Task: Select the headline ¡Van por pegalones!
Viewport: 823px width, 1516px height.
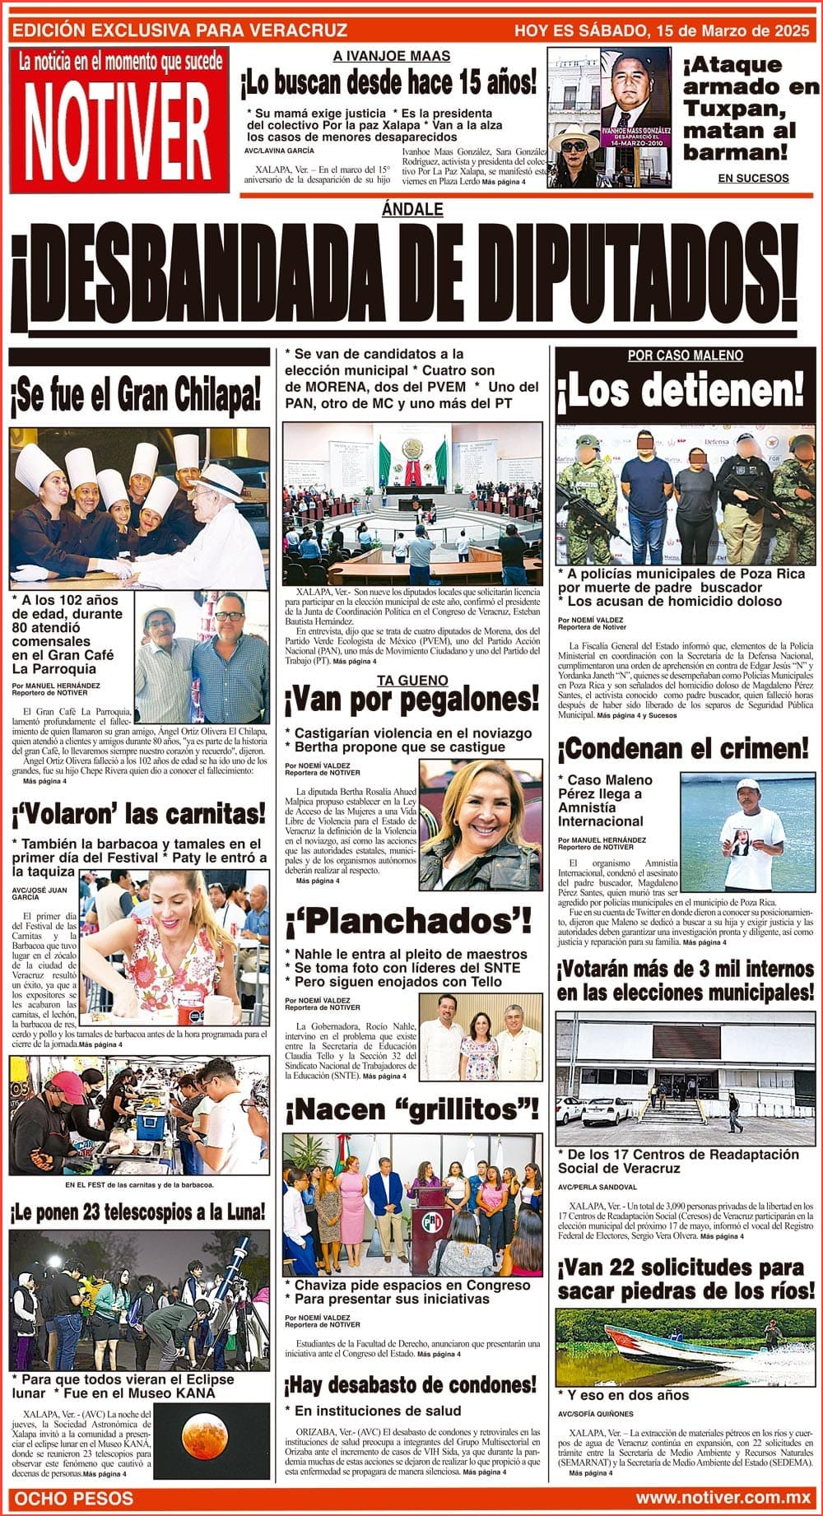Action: (x=411, y=701)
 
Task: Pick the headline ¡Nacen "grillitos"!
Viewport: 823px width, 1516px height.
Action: (x=411, y=1110)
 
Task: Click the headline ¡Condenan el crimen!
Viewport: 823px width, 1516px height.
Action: (x=683, y=749)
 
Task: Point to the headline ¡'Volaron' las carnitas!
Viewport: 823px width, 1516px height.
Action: (x=138, y=815)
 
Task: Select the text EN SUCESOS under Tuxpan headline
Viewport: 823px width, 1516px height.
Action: (x=752, y=178)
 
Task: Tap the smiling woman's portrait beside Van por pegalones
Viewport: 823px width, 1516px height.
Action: (x=479, y=823)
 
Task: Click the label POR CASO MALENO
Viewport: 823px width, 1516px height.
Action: (x=685, y=356)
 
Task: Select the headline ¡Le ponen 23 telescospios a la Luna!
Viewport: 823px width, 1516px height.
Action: (x=138, y=1211)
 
